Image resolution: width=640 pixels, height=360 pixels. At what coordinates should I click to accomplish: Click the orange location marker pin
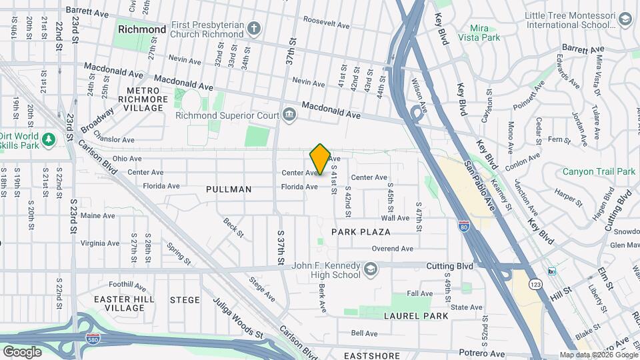coord(320,159)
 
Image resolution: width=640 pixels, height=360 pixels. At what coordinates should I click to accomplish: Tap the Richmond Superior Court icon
coord(289,115)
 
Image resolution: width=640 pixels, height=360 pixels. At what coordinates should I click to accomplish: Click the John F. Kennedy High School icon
coord(370,269)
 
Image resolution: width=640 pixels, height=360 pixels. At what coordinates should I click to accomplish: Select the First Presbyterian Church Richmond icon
coord(253,29)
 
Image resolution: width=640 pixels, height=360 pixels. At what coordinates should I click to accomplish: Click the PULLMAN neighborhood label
coord(229,189)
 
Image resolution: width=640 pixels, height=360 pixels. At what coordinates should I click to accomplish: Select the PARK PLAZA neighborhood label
coord(361,232)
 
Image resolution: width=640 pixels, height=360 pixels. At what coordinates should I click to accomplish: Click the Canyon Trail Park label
coord(599,171)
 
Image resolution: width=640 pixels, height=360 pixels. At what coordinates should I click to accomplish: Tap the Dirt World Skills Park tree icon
coord(48,139)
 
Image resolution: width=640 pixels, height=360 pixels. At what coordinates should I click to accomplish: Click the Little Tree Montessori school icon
coord(625,20)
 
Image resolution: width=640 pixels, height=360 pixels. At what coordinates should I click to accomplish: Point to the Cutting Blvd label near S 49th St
coord(450,266)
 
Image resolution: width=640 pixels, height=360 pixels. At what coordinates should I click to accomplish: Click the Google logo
coord(22,351)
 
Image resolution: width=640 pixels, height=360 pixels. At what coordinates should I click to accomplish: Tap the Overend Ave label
coord(393,249)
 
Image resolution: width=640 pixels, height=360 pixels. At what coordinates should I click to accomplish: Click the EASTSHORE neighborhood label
coord(371,356)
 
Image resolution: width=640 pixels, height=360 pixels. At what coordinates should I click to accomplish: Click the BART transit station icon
coord(551,271)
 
